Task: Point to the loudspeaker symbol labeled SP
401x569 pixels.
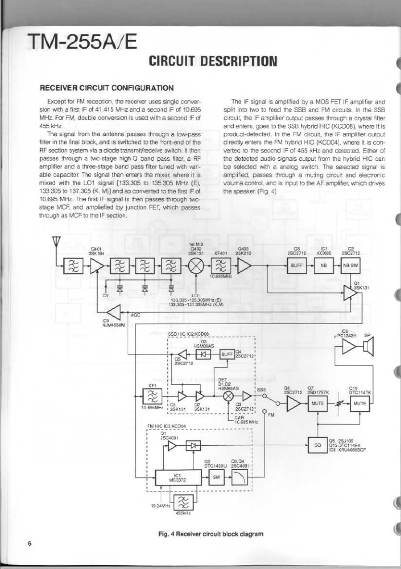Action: [368, 348]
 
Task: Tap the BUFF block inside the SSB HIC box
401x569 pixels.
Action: [226, 353]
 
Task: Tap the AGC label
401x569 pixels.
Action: [135, 315]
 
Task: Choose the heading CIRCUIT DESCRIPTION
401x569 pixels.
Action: [213, 62]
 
